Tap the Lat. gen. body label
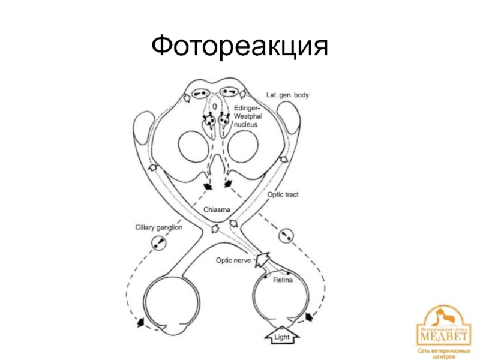pyautogui.click(x=288, y=95)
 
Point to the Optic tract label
pyautogui.click(x=283, y=195)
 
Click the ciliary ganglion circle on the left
pyautogui.click(x=159, y=243)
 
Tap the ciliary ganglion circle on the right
pyautogui.click(x=287, y=235)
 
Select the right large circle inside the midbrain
pyautogui.click(x=244, y=145)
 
